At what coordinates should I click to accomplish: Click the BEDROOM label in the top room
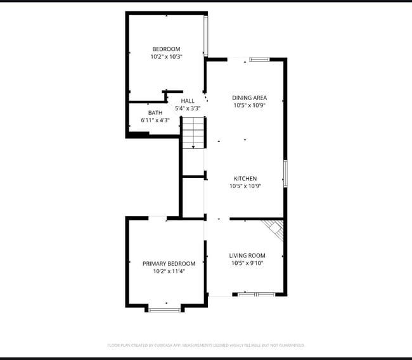tap(166, 49)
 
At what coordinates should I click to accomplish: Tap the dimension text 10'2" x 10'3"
tap(166, 56)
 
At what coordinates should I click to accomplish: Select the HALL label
tap(188, 101)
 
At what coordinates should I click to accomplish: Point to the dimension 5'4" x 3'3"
tap(188, 108)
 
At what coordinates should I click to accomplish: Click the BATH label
tap(155, 112)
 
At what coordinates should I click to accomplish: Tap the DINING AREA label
tap(249, 98)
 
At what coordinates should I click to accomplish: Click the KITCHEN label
tap(245, 179)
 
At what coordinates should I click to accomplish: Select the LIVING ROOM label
tap(247, 255)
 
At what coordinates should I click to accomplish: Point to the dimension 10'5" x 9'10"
tap(247, 263)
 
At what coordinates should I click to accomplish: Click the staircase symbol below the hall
tap(195, 133)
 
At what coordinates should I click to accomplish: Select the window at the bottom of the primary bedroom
tap(165, 309)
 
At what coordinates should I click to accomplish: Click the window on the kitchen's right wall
tap(285, 174)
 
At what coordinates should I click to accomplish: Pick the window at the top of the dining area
tap(259, 60)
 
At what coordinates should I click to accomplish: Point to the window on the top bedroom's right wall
tap(205, 35)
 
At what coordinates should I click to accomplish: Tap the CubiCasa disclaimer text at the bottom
tap(206, 345)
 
